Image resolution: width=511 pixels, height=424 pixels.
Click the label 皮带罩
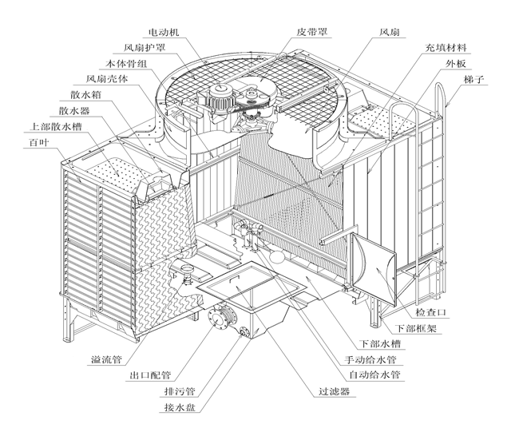point(314,33)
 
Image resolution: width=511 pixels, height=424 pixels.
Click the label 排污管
point(180,391)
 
